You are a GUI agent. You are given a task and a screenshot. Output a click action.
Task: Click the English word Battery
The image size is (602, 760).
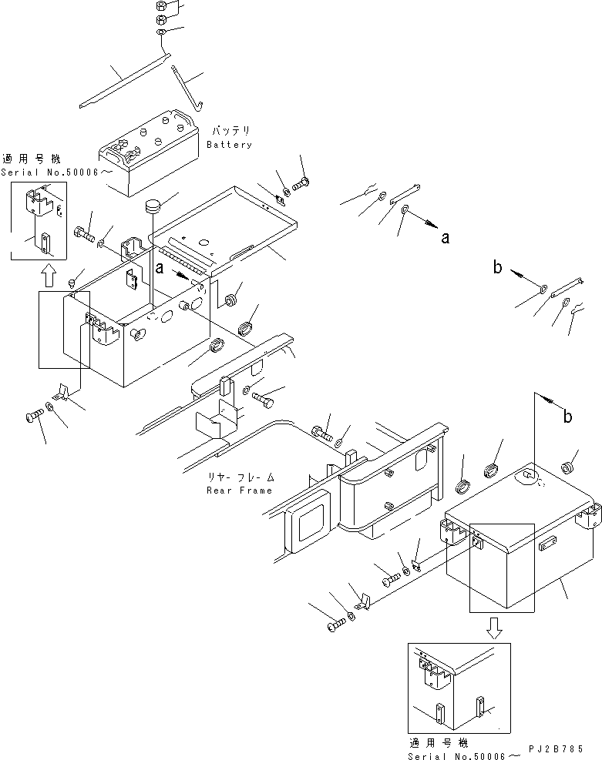coord(229,145)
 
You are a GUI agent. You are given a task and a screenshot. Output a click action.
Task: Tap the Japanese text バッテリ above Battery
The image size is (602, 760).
coord(229,132)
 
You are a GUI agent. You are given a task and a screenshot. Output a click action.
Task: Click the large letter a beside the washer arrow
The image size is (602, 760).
coord(445,239)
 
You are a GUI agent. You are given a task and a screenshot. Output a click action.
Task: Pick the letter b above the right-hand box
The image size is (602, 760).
coord(567,417)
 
